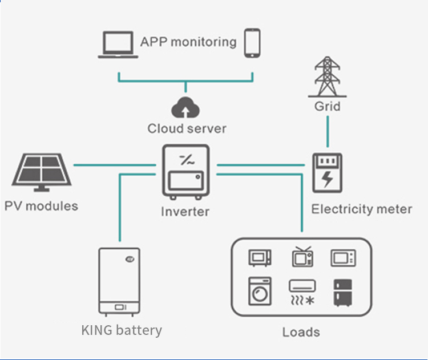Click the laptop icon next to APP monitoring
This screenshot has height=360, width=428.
point(117,45)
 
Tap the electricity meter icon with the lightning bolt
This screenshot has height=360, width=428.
point(327,173)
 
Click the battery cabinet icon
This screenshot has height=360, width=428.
point(120,281)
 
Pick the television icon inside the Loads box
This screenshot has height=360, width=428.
point(302,257)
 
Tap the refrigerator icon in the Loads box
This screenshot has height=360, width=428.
point(343,292)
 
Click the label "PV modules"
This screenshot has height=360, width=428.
point(41,206)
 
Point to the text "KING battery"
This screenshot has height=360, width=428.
point(122,330)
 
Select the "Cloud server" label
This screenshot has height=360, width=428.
point(187,128)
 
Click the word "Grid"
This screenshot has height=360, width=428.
point(327,106)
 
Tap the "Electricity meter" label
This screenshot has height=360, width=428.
point(361,209)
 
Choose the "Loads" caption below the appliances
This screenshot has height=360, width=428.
point(301,331)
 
